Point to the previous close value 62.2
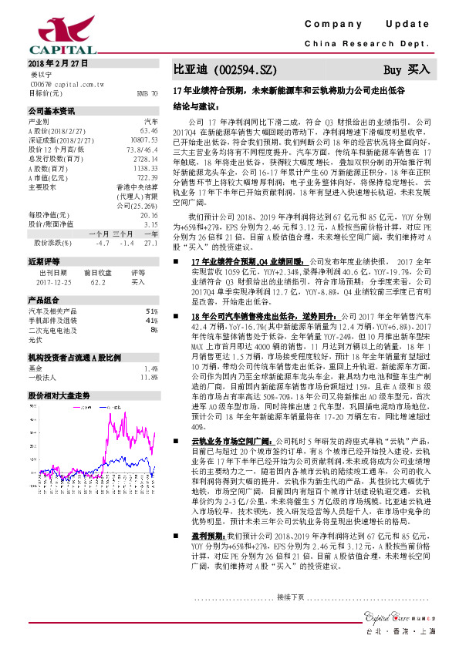(x=98, y=282)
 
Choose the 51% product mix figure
(x=152, y=311)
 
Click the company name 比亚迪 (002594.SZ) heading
(x=224, y=70)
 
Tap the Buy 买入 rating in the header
(x=407, y=70)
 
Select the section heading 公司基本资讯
(x=52, y=111)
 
